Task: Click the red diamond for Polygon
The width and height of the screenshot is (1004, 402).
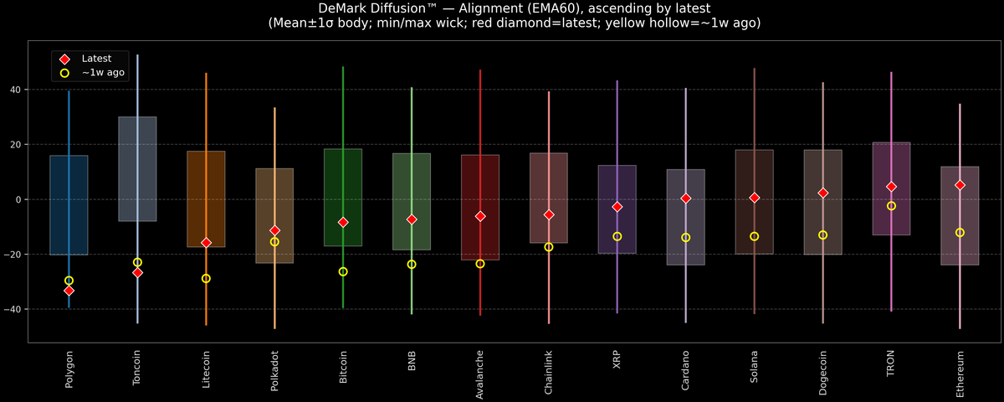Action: coord(69,291)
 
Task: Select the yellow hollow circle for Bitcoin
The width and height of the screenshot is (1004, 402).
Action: coord(343,271)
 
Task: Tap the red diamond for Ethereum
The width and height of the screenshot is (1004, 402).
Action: coord(960,185)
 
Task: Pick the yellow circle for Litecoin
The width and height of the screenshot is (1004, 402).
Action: coord(206,278)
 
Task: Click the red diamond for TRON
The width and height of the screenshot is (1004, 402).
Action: coord(891,187)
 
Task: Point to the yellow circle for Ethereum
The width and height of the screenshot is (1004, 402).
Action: coord(960,233)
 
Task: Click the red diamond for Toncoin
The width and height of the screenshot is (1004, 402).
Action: coord(137,273)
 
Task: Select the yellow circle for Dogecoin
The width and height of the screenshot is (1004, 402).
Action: coord(822,235)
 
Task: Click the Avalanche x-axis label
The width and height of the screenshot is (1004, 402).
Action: coord(480,374)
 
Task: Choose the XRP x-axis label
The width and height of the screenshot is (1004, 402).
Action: coord(617,361)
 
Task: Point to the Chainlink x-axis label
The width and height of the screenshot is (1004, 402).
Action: coord(549,374)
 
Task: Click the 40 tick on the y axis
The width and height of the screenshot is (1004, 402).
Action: coord(16,90)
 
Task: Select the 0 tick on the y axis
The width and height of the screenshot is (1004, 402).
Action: coord(19,199)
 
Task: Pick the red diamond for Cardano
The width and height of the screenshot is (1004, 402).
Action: coord(685,198)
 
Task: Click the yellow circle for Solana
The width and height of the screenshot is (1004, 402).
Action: coord(754,236)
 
